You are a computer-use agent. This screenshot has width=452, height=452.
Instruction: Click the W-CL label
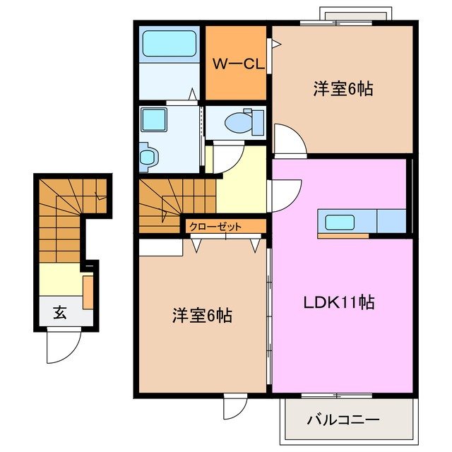pos(238,64)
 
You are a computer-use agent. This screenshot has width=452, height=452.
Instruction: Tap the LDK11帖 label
pos(339,303)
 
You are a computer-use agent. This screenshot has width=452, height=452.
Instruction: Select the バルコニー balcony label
pos(343,420)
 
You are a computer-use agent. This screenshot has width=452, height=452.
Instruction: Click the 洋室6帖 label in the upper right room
pos(343,89)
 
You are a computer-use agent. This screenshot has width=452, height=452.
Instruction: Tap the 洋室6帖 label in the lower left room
pos(202,316)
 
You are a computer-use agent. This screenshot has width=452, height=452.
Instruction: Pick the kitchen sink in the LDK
pos(342,222)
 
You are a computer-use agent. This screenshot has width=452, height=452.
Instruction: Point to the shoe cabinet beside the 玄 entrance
pos(88,292)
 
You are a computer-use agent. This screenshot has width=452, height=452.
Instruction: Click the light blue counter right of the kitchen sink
pos(391,221)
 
